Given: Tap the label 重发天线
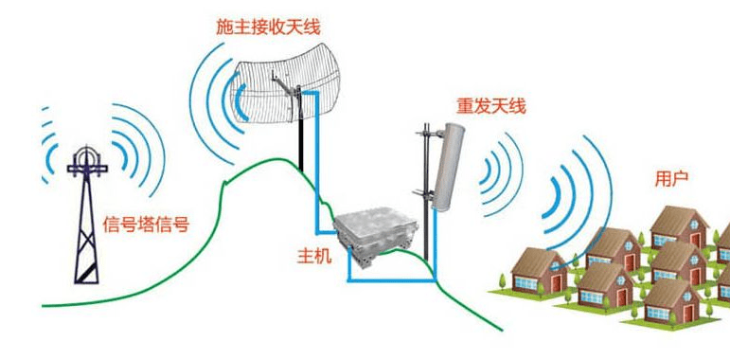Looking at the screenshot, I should click(490, 108).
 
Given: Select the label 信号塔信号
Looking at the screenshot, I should click(145, 225).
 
